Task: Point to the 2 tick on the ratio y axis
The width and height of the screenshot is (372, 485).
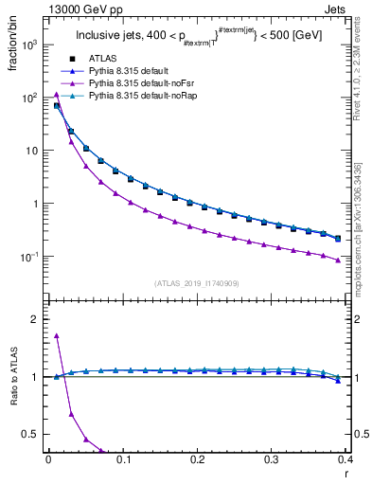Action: [35, 319]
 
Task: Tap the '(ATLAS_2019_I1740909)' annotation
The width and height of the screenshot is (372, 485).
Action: [196, 283]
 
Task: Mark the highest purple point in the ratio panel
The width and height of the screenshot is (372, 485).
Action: [57, 335]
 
